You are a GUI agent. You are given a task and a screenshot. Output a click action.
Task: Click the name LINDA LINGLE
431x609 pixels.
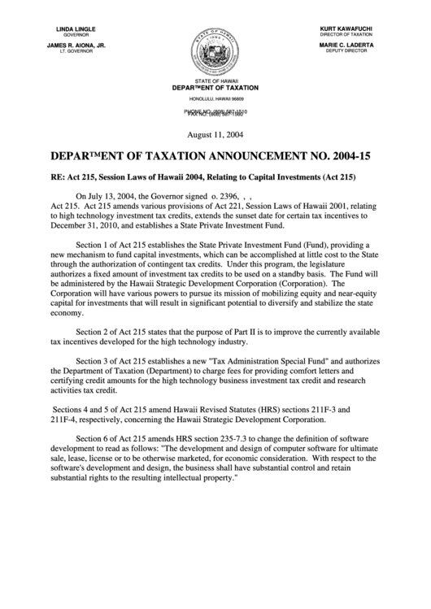tap(76, 29)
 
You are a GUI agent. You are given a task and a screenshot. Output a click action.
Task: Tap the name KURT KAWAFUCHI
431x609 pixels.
tap(346, 29)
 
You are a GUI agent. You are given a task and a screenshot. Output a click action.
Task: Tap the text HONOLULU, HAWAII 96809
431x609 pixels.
tap(215, 98)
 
